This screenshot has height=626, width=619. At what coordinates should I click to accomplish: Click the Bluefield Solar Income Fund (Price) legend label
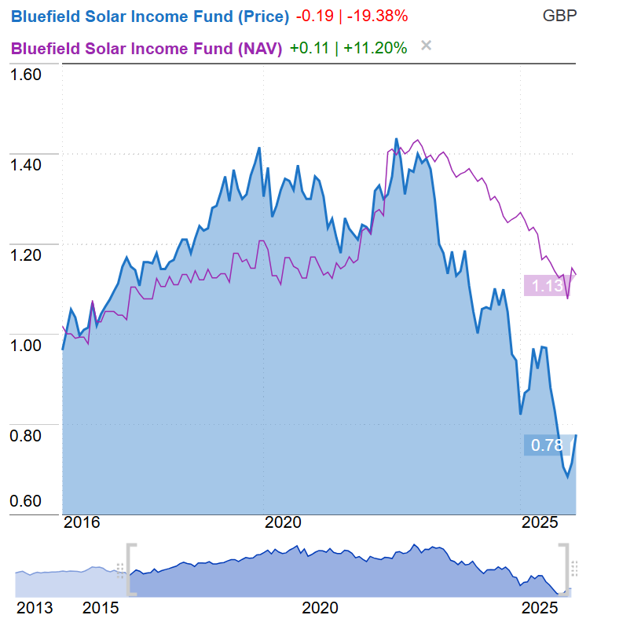pyautogui.click(x=150, y=16)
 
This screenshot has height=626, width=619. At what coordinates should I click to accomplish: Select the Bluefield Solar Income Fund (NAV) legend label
pyautogui.click(x=146, y=48)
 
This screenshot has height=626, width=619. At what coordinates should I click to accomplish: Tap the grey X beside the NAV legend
pyautogui.click(x=427, y=46)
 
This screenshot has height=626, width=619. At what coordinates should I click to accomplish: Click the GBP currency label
pyautogui.click(x=560, y=16)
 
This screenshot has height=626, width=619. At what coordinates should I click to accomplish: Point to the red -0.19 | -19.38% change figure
pyautogui.click(x=352, y=16)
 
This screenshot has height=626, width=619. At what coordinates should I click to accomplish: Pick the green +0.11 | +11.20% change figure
pyautogui.click(x=348, y=48)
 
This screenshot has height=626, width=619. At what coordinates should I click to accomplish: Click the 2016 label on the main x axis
pyautogui.click(x=82, y=522)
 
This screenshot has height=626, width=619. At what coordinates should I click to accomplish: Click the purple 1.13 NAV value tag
pyautogui.click(x=548, y=286)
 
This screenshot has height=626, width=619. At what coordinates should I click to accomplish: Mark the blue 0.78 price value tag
pyautogui.click(x=548, y=445)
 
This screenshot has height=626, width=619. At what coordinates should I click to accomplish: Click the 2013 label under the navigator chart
pyautogui.click(x=35, y=608)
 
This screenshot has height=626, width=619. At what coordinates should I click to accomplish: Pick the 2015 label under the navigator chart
pyautogui.click(x=102, y=608)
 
